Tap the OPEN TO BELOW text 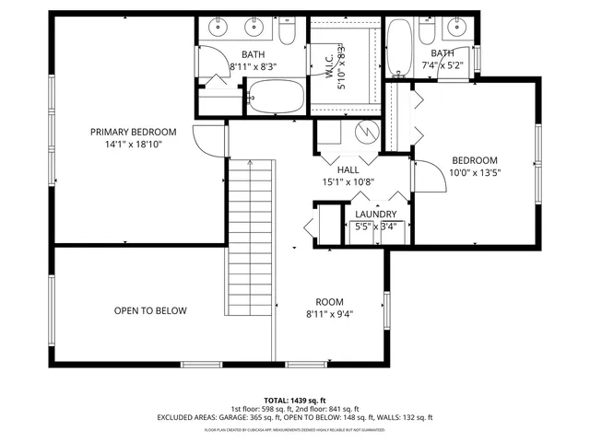150,310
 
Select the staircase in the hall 250,236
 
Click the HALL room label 348,169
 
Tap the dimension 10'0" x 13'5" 473,172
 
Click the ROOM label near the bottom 329,301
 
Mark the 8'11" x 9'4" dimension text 329,314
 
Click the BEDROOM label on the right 473,159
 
